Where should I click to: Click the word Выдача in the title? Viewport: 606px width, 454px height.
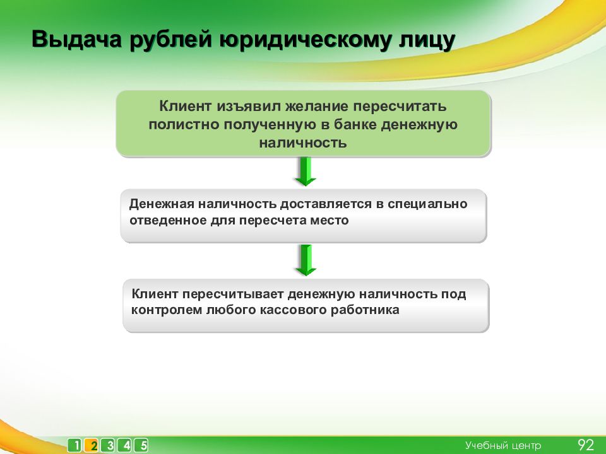76,39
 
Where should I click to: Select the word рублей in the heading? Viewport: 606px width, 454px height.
170,40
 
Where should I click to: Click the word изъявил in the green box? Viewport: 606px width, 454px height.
249,106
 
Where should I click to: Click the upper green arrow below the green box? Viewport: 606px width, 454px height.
306,172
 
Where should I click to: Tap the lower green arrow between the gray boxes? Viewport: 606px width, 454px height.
306,260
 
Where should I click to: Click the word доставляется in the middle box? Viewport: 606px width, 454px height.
326,204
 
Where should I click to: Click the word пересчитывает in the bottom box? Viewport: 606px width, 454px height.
233,294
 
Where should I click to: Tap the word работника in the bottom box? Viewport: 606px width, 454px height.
365,310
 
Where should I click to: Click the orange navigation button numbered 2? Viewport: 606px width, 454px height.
92,445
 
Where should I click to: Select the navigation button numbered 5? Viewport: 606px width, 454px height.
142,445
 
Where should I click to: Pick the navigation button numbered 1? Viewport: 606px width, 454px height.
75,445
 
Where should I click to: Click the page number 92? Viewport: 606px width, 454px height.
586,445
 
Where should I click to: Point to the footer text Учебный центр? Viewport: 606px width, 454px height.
503,446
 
